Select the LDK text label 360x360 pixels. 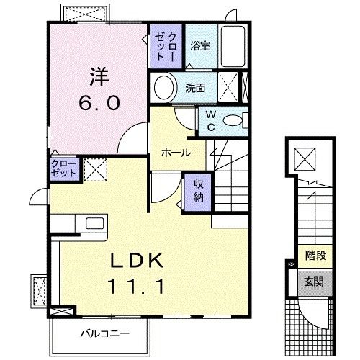click(x=140, y=260)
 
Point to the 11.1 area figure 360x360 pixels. click(x=140, y=287)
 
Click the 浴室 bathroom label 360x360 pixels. click(x=199, y=46)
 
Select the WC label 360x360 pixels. click(x=211, y=120)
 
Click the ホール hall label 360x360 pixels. click(x=176, y=153)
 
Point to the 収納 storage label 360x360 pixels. click(x=197, y=189)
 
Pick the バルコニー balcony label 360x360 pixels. click(x=101, y=334)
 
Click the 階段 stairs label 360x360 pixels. click(x=313, y=254)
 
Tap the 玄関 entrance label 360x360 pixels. click(x=313, y=281)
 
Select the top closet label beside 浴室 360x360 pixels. click(x=167, y=46)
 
